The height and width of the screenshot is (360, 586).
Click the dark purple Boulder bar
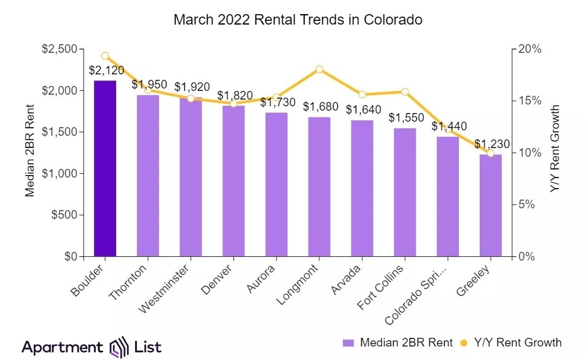105,168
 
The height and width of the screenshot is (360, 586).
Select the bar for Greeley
491,205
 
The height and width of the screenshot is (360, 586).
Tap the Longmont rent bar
319,187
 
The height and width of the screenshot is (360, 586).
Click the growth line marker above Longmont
319,69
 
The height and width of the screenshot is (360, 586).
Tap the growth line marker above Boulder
105,56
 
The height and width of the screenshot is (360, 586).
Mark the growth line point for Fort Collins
405,92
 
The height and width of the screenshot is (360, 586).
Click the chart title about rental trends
298,19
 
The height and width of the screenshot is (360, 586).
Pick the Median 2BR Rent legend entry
398,342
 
